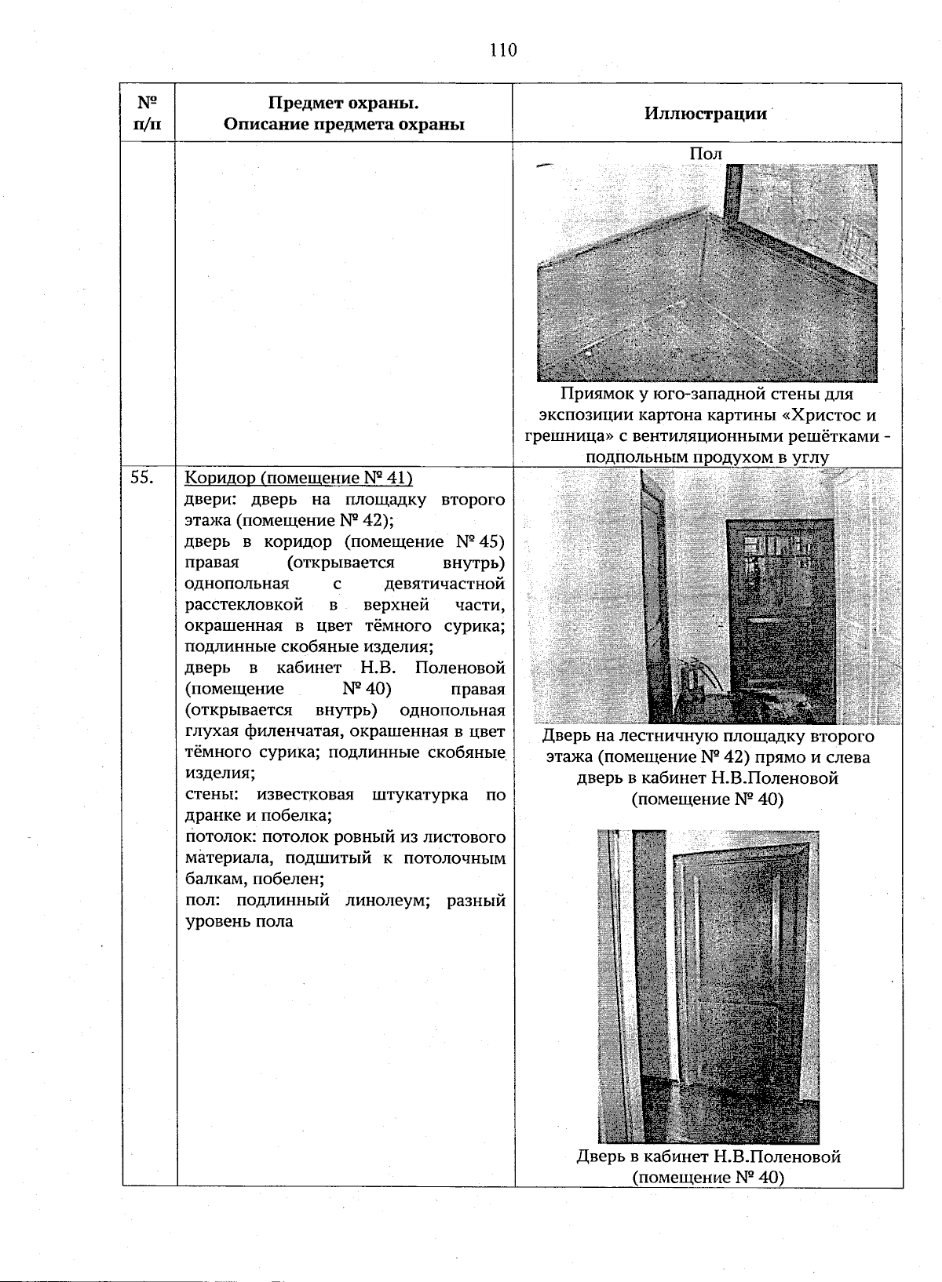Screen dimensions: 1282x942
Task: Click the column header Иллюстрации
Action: click(706, 113)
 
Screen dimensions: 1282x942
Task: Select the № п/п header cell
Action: click(147, 114)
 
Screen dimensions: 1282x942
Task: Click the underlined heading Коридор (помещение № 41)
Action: click(298, 478)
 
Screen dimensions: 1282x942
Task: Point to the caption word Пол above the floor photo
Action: click(705, 154)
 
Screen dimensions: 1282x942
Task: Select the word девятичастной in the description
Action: click(444, 584)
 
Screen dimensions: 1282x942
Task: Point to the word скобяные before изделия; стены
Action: click(468, 752)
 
